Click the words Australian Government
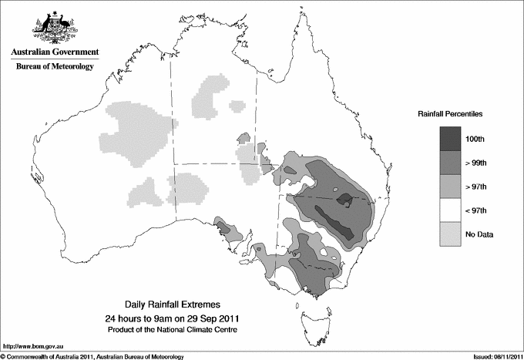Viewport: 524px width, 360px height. point(55,53)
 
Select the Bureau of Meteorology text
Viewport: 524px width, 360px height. point(55,67)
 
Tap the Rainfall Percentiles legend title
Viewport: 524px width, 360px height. point(450,113)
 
